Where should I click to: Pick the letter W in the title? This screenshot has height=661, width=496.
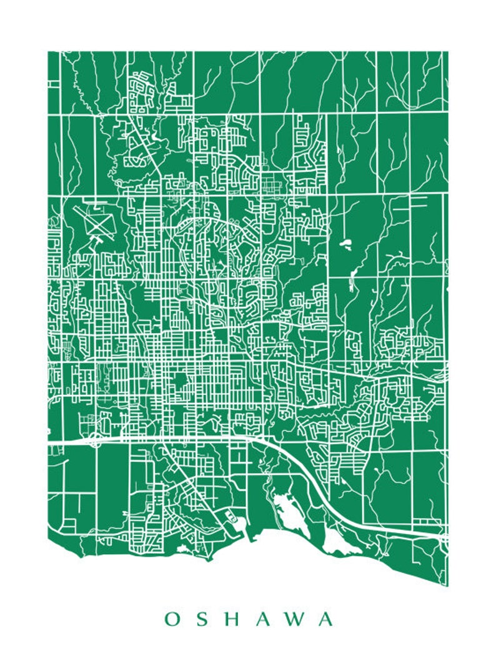(296, 619)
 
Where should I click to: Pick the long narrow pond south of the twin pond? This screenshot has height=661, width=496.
(352, 280)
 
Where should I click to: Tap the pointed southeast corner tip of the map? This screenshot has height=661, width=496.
(447, 585)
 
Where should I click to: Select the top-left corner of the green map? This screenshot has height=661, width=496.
(48, 52)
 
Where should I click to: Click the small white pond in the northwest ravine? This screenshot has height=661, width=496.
(153, 135)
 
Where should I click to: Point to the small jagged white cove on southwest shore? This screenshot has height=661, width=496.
(182, 549)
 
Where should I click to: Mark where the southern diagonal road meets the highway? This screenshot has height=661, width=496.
(164, 440)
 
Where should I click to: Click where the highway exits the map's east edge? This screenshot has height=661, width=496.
(446, 535)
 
